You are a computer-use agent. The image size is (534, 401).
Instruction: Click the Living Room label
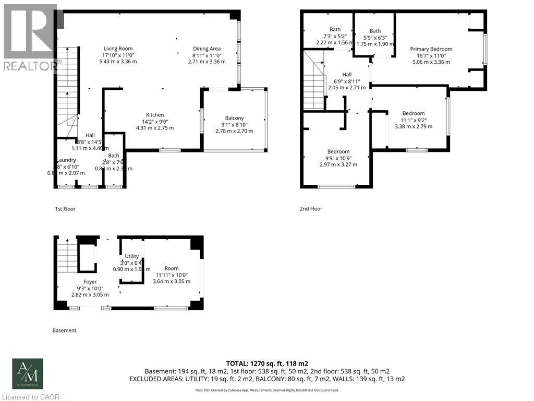pos(118,49)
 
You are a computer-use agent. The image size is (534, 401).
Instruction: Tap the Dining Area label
pos(207,49)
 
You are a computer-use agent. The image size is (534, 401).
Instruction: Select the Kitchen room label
pos(155,115)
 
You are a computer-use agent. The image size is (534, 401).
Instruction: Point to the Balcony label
pos(234,117)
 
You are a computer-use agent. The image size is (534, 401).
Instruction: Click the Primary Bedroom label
pos(431,49)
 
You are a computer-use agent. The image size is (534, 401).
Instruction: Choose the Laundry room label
pos(66,160)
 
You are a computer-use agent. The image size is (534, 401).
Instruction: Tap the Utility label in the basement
pos(132,256)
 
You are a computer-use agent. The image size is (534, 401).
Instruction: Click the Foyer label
pos(90,281)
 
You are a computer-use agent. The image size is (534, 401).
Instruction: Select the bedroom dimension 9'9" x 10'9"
pos(338,158)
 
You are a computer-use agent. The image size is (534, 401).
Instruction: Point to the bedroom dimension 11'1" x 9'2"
pos(413,120)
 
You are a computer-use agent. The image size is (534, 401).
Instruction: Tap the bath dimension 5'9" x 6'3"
pos(375,37)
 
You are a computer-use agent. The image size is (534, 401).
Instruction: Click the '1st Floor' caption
pos(65,209)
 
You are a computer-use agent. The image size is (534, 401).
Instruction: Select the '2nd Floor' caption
pos(311,209)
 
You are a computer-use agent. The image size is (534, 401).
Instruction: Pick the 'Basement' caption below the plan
pos(64,331)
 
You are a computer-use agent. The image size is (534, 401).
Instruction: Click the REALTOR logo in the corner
pos(30,37)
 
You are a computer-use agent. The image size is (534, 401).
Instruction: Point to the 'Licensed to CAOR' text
pos(30,397)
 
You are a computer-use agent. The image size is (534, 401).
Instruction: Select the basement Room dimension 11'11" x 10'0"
pos(171,275)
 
